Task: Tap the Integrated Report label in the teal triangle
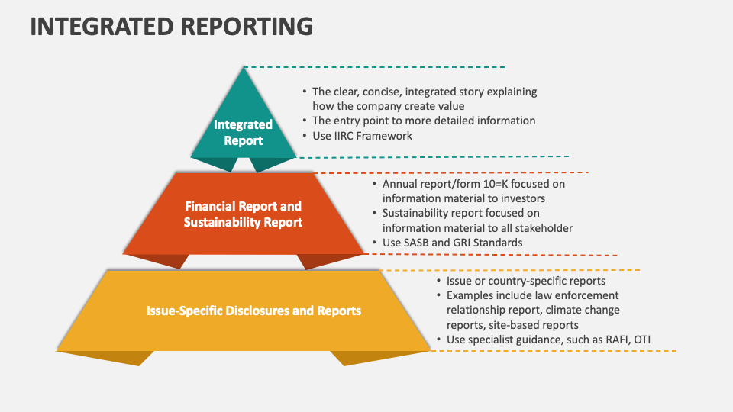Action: (x=243, y=132)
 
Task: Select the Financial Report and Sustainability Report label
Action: (x=243, y=214)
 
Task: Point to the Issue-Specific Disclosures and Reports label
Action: (x=253, y=311)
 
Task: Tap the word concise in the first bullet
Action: (x=376, y=92)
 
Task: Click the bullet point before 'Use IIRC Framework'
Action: (x=305, y=136)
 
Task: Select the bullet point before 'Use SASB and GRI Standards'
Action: (x=374, y=243)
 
